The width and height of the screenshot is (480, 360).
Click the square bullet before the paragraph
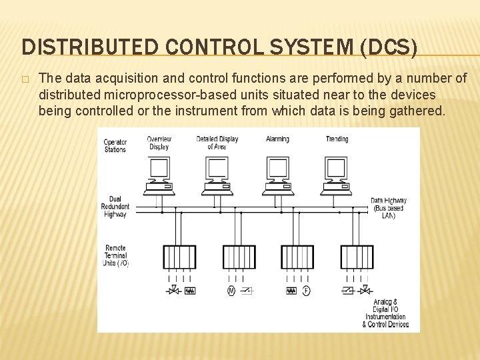click(x=25, y=79)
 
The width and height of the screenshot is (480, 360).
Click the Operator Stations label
click(x=115, y=145)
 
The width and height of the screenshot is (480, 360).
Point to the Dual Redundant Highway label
click(x=115, y=207)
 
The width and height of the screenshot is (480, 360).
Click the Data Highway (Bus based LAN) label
click(x=388, y=208)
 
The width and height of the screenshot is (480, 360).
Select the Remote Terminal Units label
click(x=115, y=256)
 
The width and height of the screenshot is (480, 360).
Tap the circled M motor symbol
click(x=231, y=291)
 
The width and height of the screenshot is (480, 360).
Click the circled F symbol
click(x=306, y=291)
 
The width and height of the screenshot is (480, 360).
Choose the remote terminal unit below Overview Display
click(x=179, y=257)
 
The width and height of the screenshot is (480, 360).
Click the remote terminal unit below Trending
click(x=357, y=257)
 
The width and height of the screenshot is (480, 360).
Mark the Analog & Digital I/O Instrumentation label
click(x=385, y=313)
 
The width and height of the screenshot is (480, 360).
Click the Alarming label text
click(x=277, y=139)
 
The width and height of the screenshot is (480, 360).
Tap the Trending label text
click(x=337, y=139)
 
